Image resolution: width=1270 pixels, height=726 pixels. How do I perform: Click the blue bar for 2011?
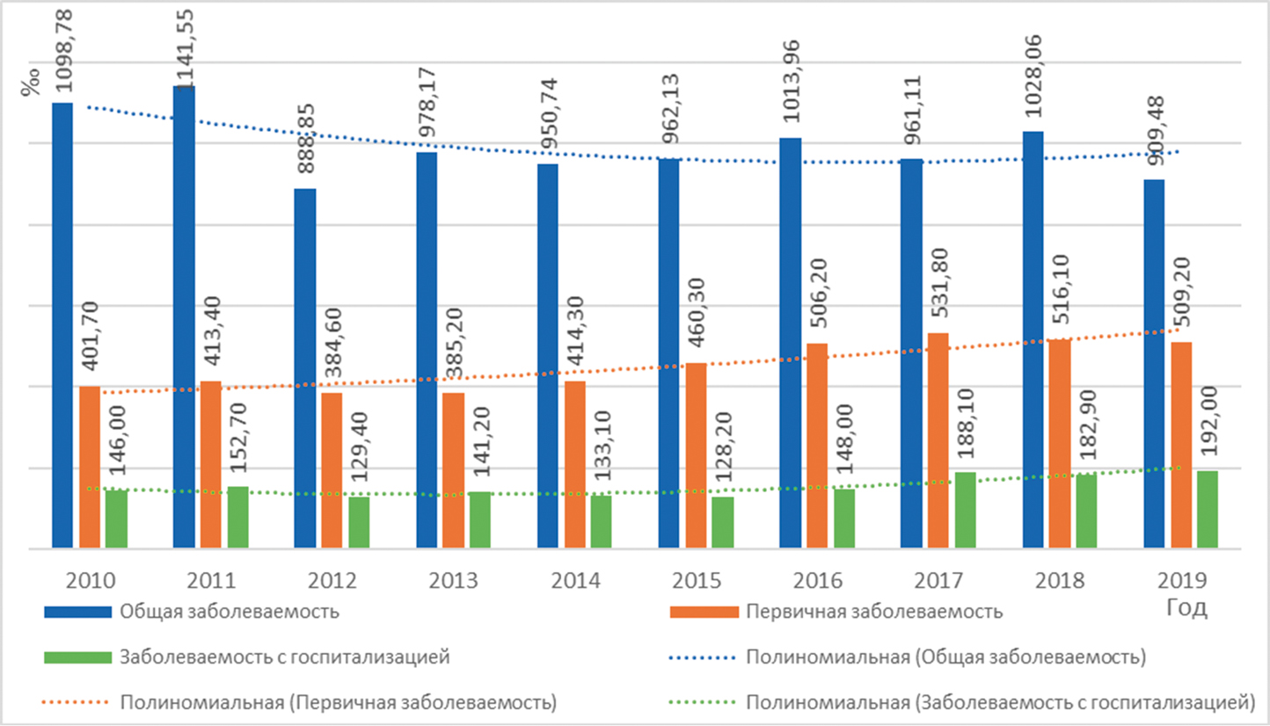[x=184, y=316]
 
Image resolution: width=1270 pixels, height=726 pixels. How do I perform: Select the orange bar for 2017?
[x=938, y=440]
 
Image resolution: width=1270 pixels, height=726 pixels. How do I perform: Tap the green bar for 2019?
[x=1207, y=510]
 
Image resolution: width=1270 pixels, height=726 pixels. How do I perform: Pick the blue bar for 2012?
[x=305, y=368]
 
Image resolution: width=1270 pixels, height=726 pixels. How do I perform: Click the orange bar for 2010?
[x=90, y=467]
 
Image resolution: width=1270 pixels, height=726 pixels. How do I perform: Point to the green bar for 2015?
[x=722, y=523]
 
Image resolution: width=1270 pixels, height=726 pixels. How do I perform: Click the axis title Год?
[x=1186, y=608]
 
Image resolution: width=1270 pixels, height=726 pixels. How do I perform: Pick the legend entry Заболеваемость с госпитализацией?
[x=286, y=657]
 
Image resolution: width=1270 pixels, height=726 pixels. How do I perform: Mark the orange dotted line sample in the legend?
[x=77, y=702]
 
